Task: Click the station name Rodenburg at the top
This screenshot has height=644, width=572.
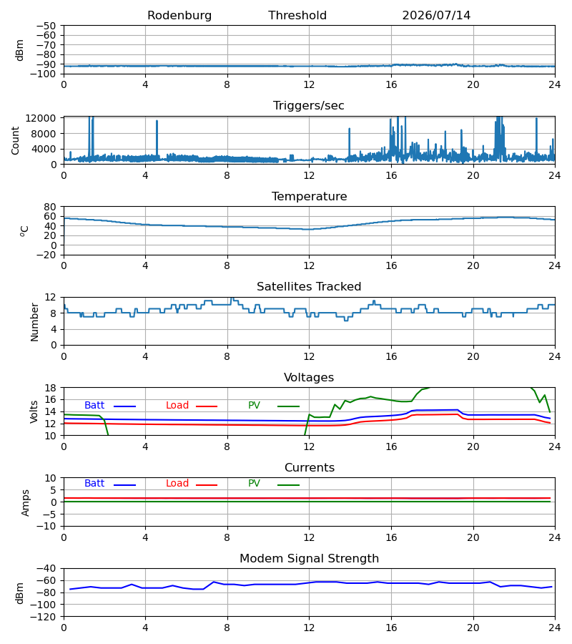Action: click(179, 16)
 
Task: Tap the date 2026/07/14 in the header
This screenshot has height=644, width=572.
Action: click(436, 16)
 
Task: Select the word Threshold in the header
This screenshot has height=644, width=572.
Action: click(297, 16)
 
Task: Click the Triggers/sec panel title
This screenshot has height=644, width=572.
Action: click(309, 106)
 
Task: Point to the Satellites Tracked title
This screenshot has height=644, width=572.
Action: click(309, 287)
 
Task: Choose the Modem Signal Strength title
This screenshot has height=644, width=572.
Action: click(309, 559)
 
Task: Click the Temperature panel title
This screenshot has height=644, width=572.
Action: click(309, 196)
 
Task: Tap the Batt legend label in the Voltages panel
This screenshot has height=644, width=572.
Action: click(94, 406)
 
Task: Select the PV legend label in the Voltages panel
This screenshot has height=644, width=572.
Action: click(254, 406)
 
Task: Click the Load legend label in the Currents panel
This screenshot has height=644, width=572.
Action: click(177, 484)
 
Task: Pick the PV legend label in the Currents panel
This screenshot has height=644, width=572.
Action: click(254, 484)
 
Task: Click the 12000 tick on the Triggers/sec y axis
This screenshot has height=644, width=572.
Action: click(41, 118)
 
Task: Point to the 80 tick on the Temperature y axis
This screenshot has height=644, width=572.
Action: click(50, 207)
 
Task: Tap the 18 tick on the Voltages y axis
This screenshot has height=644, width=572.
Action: click(50, 388)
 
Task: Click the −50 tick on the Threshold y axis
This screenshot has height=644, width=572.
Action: click(46, 26)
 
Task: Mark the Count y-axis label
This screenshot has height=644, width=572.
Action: click(16, 140)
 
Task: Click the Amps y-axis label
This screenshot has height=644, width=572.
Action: click(26, 503)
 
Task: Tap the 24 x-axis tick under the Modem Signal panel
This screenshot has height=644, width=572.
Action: click(555, 628)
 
